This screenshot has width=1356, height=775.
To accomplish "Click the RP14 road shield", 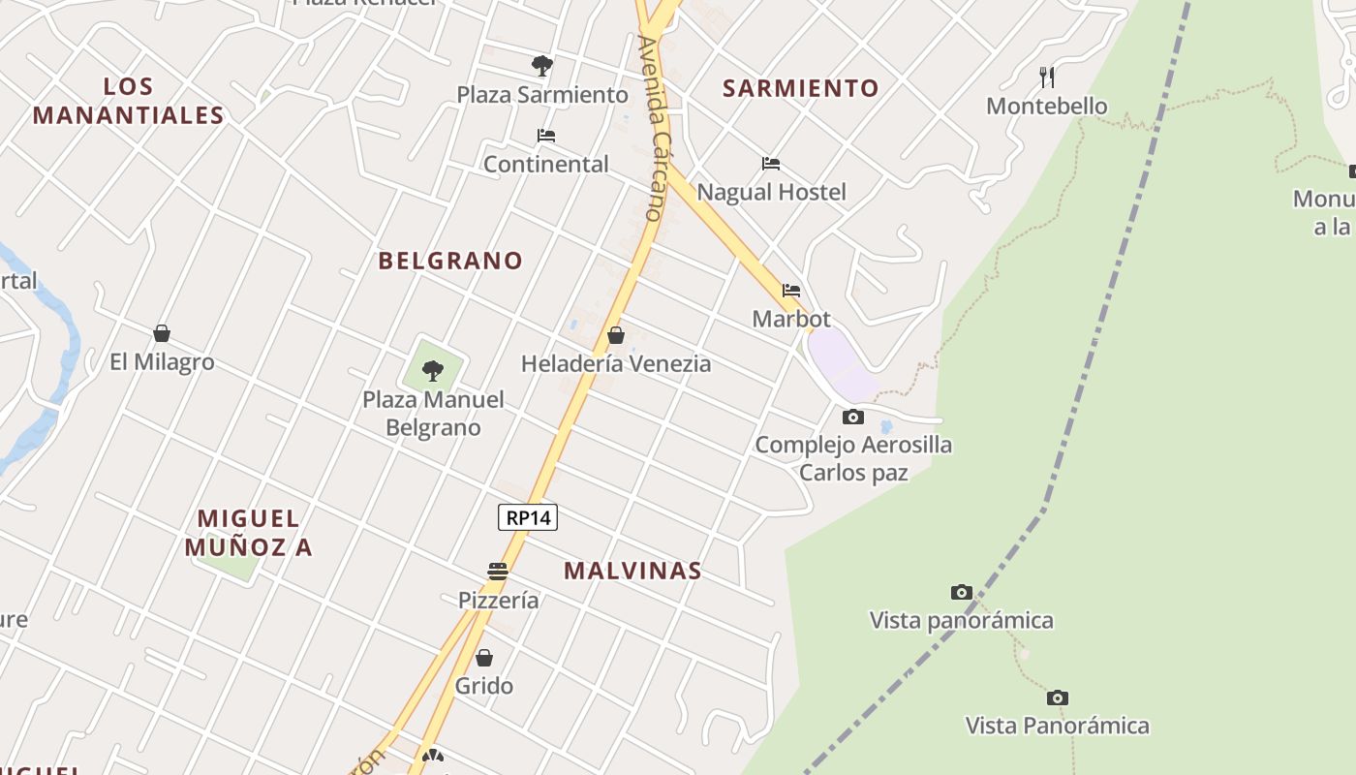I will [x=528, y=517].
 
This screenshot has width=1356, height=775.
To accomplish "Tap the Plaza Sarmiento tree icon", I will [x=542, y=66].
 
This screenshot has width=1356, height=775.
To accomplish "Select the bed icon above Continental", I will [x=546, y=136].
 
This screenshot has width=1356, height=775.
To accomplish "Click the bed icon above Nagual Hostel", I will [x=771, y=164].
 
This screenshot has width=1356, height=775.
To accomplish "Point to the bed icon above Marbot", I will [x=791, y=290].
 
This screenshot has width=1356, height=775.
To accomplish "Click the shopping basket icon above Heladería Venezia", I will [x=615, y=335].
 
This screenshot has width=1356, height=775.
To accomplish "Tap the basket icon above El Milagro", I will [x=162, y=333].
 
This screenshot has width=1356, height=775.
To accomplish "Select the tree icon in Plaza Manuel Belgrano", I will [x=433, y=370].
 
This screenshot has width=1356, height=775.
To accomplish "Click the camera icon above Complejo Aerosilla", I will [x=853, y=417].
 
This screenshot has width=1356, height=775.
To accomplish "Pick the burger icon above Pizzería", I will [x=498, y=572].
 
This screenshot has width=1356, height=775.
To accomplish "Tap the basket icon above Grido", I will [x=484, y=658].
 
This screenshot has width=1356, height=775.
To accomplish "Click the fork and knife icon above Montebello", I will [x=1046, y=77].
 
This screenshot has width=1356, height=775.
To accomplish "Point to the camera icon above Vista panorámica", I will [x=961, y=592].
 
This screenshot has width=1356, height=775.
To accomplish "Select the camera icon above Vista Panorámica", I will [x=1058, y=697].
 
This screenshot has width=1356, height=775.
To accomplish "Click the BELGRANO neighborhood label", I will [x=450, y=261].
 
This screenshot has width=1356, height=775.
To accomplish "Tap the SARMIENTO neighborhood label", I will [x=801, y=88].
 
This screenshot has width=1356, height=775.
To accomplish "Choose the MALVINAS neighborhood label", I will [x=632, y=571].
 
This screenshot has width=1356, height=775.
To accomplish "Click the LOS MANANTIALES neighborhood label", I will [x=129, y=101].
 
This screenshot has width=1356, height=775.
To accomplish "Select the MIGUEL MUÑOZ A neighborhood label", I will [x=249, y=533].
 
